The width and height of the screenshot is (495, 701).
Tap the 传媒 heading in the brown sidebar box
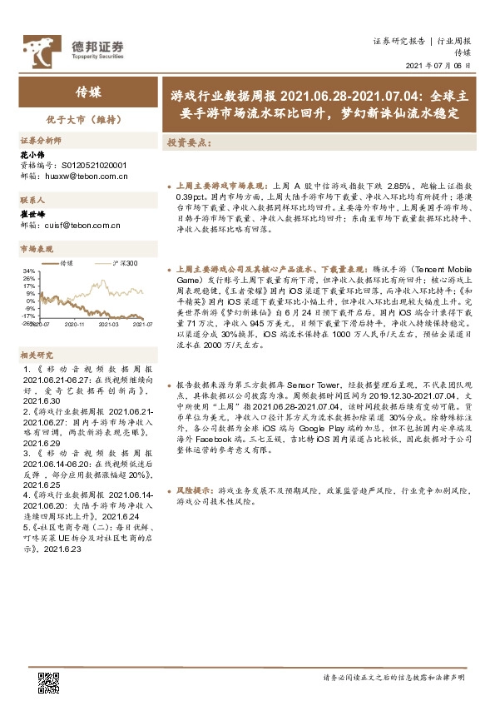[88, 92]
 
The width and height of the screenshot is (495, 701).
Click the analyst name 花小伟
[30, 155]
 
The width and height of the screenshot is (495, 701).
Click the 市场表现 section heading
[36, 248]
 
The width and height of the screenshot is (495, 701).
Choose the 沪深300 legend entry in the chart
[124, 263]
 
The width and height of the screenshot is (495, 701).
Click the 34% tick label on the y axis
[29, 271]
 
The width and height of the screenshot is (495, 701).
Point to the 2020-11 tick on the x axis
[76, 324]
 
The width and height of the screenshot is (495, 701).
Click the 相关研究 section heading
[36, 354]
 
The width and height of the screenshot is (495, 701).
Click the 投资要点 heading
[190, 142]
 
